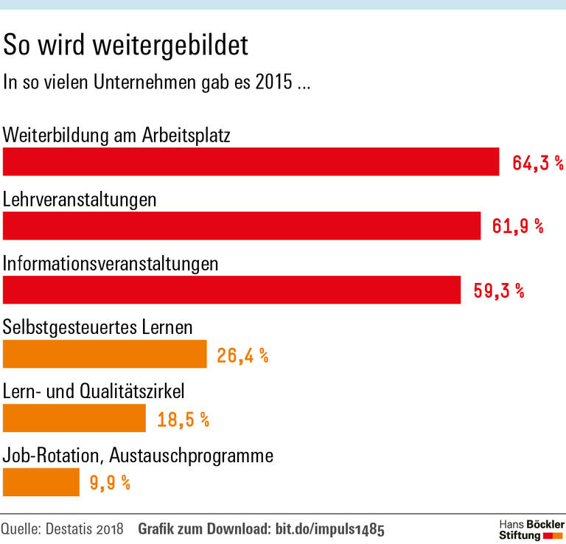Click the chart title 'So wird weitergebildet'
point(126,45)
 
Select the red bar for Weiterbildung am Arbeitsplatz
point(251,161)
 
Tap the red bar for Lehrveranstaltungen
point(242,226)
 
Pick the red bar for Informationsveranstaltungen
point(231,290)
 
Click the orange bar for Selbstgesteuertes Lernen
point(105,354)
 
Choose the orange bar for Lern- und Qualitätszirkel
point(74,418)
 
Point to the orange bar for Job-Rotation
point(41,482)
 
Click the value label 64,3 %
point(538,162)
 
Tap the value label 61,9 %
point(518,226)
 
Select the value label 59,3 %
point(498,290)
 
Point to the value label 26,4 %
point(242,355)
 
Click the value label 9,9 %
point(110,483)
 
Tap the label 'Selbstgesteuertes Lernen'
point(98,327)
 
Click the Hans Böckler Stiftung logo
point(531,528)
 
